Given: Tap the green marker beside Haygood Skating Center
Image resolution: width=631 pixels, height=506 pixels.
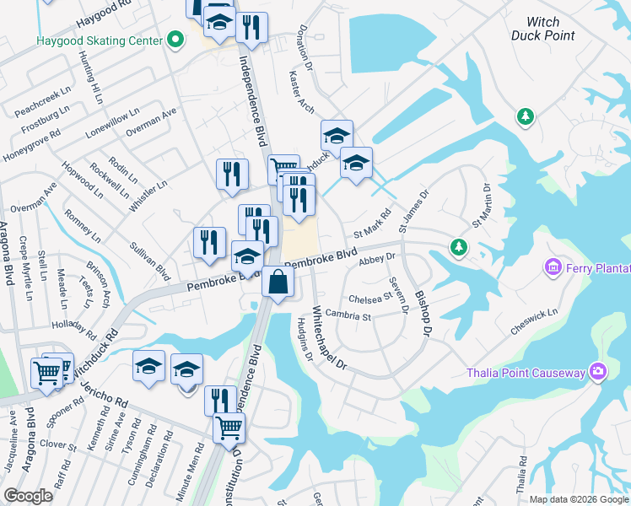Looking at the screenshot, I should click(175, 40).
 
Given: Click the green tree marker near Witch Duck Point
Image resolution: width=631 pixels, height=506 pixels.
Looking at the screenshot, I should click(526, 116).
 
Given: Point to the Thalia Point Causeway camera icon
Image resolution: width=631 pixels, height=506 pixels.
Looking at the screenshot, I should click(598, 371).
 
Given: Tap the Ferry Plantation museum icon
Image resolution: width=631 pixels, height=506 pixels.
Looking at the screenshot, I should click(553, 267).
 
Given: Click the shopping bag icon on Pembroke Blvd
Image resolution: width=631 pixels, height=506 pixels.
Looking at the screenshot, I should click(277, 283).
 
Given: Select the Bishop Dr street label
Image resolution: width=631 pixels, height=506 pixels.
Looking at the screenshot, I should click(422, 316).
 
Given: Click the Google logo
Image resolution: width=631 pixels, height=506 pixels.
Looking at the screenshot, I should click(30, 496).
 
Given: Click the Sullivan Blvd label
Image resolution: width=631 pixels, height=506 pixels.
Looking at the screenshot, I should click(150, 261).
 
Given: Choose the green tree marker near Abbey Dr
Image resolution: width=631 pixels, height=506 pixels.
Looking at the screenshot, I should click(458, 247).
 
